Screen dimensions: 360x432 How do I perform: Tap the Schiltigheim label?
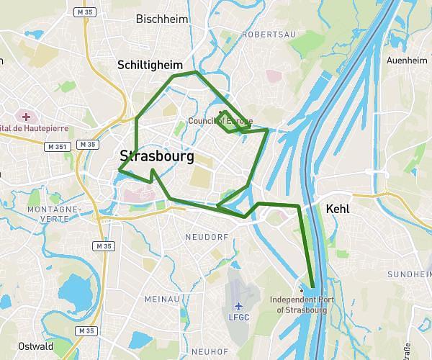click(x=150, y=65)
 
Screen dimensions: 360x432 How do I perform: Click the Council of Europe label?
click(x=220, y=121)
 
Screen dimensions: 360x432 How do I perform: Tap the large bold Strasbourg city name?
click(x=157, y=156)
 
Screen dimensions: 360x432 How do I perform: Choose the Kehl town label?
click(x=338, y=209)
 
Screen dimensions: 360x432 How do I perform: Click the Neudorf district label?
click(x=206, y=236)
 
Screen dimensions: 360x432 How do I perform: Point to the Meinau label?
click(x=162, y=299)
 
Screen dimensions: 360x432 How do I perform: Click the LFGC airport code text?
click(x=238, y=317)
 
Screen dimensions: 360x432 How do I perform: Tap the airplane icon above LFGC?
click(x=238, y=305)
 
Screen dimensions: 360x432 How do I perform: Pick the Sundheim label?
click(x=409, y=275)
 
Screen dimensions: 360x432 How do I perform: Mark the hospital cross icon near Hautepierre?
click(x=26, y=116)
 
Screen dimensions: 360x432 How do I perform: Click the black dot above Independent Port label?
click(x=301, y=290)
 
